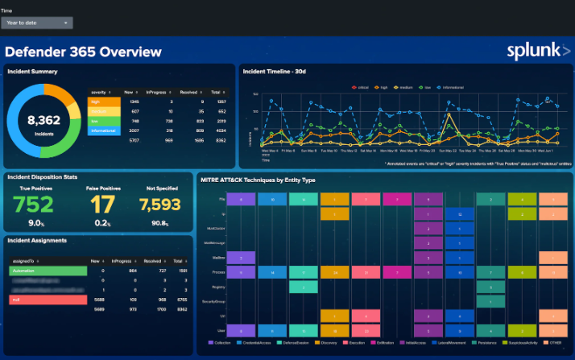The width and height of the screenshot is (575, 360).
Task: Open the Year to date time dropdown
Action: point(37,23)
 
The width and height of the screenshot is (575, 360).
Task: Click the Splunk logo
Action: point(537,51)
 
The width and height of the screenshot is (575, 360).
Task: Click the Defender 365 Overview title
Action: point(84,52)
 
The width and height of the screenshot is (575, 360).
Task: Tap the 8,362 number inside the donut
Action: point(44,121)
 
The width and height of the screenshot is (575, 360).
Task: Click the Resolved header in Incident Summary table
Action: point(191,93)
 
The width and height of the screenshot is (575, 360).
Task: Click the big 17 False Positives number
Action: point(102,205)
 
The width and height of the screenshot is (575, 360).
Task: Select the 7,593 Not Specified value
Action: point(160,205)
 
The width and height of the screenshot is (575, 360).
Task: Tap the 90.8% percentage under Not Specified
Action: point(159,223)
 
